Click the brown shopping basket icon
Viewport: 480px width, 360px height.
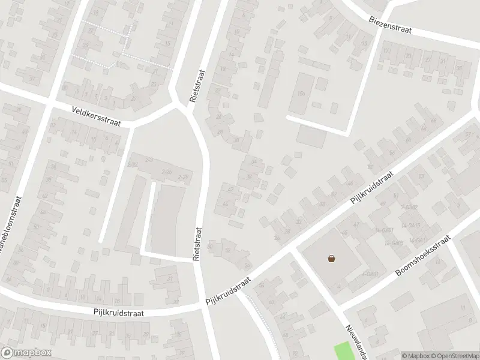[331, 259]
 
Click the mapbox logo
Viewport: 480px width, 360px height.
[26, 353]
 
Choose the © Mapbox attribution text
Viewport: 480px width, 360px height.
[415, 355]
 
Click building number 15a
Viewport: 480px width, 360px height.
[301, 94]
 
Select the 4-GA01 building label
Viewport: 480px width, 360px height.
[370, 274]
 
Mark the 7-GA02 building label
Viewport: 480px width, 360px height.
[409, 207]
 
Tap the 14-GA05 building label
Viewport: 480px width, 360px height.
[394, 243]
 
